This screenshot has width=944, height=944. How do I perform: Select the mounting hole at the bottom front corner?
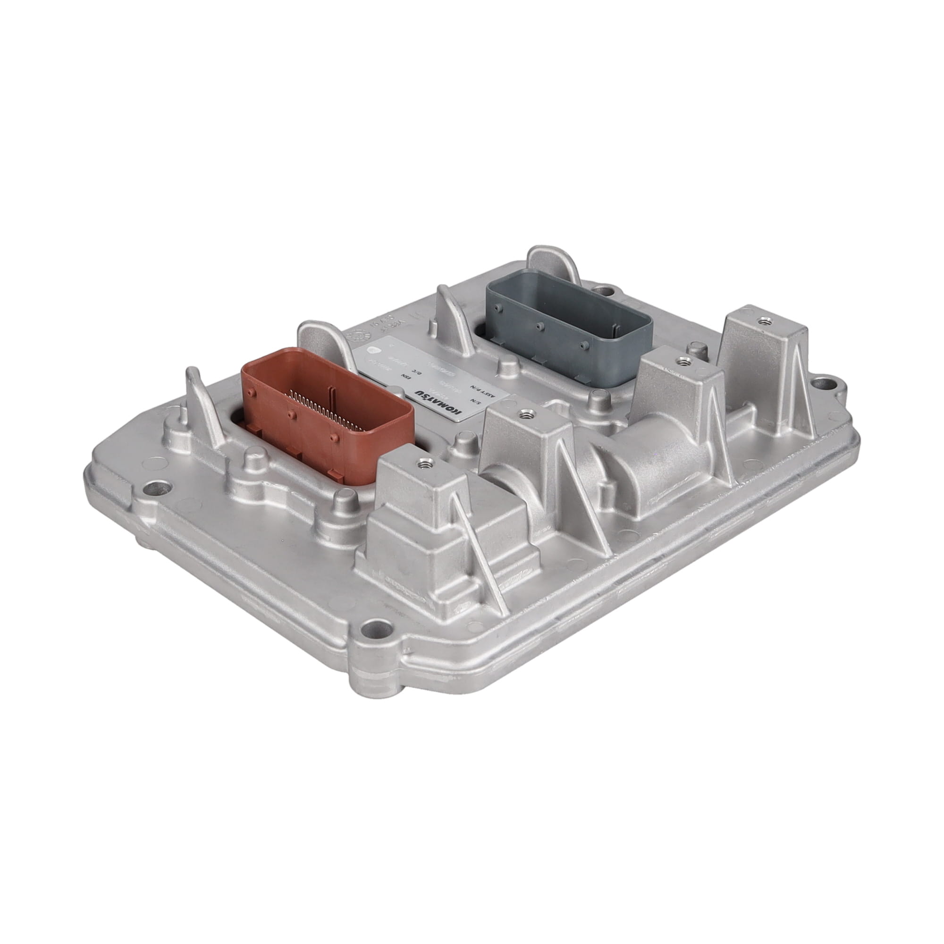click(372, 626)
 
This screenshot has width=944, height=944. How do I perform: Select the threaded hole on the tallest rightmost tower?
click(761, 321)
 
